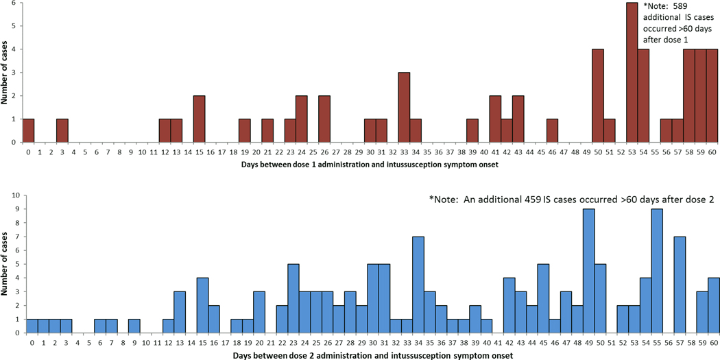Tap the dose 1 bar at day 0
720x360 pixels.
[x=28, y=130]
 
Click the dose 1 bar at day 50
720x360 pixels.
[x=597, y=95]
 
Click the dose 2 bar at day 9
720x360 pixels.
[x=134, y=326]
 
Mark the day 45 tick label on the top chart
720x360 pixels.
[x=540, y=152]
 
